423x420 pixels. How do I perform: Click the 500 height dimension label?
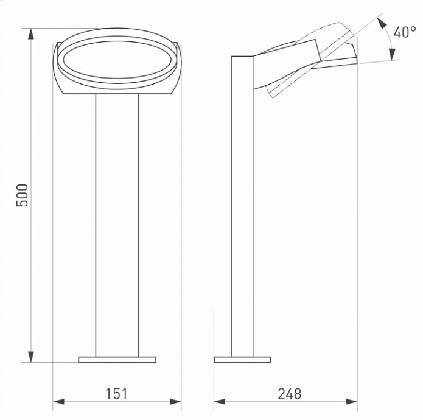22,195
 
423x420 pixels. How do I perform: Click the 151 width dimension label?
117,394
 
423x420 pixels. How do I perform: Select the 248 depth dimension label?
289,394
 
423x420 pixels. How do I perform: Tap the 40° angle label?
404,33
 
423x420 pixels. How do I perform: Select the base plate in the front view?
117,360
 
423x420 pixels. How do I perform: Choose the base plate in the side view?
242,360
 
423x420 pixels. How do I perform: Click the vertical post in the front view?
117,225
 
